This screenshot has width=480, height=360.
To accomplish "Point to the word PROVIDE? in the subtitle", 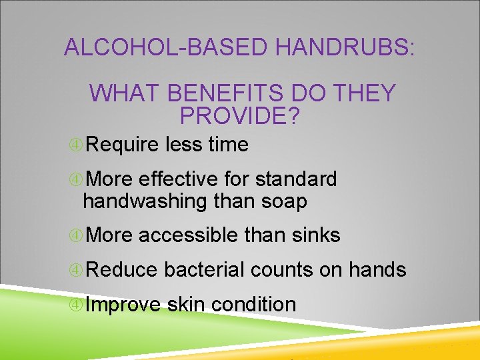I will [241, 116].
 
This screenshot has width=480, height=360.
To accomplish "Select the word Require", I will [122, 145].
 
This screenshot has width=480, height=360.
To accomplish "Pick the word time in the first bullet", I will [228, 145].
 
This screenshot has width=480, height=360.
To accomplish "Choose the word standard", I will [296, 179].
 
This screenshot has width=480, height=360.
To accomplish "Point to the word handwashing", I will [145, 201].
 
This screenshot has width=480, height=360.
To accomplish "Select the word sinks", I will [317, 235].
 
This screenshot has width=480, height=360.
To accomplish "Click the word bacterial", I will [205, 270].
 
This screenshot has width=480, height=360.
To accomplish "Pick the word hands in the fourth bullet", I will [377, 270].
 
